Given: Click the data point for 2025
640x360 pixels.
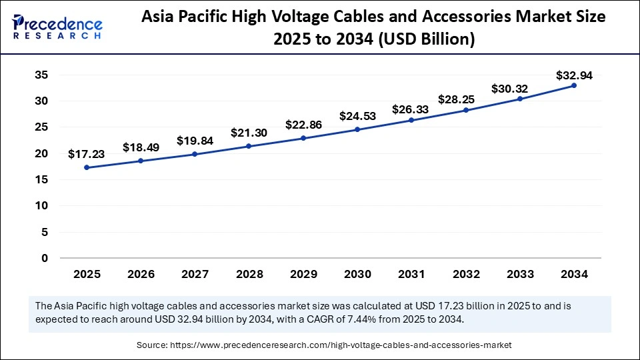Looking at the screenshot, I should coord(87,167).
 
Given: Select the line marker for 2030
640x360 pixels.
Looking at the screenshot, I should coord(357,129).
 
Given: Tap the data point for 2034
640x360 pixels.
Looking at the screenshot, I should coord(574,85).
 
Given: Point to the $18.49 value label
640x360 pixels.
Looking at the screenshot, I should coord(141,147).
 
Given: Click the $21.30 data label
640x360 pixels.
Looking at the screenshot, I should coord(249,133).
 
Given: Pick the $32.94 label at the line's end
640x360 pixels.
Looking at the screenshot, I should coord(575,75).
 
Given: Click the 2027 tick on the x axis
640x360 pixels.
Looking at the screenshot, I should coord(195,273).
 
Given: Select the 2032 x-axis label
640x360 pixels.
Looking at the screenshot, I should coord(465,273).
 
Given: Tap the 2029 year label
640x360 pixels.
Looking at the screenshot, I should coord(303,273).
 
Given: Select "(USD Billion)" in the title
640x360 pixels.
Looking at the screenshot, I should coord(427,40).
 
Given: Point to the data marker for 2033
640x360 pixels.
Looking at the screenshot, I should coord(520,99).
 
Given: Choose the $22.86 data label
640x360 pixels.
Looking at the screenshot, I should coord(303,125).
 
